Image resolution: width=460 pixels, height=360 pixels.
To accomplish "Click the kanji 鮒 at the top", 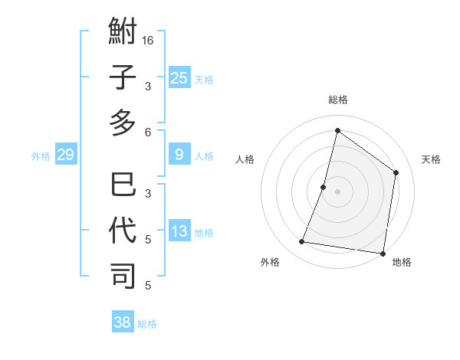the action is click(123, 34).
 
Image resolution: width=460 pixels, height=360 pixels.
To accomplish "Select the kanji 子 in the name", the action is click(123, 79).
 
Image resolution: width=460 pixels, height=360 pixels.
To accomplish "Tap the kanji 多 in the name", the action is click(123, 123).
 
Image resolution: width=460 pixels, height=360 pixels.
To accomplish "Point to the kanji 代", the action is click(123, 231).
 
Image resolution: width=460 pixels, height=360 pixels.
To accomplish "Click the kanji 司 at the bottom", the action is click(123, 275).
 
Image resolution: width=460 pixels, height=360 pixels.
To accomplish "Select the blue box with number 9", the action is click(179, 155).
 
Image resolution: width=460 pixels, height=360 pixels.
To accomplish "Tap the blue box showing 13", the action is click(179, 231).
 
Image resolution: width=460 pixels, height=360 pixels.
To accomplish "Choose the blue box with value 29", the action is click(65, 155).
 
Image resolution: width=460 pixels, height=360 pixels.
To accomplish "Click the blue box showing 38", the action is click(122, 322).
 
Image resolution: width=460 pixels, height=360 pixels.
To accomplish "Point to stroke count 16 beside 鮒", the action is click(149, 41).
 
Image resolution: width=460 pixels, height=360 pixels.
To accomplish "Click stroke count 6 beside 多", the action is click(148, 132).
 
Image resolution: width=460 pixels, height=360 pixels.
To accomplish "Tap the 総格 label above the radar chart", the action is click(337, 100).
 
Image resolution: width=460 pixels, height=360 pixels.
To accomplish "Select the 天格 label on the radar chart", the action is click(431, 159).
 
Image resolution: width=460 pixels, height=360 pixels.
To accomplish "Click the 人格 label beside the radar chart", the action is click(245, 159).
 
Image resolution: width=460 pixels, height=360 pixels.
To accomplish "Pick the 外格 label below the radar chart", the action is click(270, 262).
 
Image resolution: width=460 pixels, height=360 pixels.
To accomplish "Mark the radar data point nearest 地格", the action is click(383, 254).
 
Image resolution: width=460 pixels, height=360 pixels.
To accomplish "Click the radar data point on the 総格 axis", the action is click(337, 130).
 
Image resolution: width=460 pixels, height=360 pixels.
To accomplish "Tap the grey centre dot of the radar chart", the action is click(337, 191).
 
